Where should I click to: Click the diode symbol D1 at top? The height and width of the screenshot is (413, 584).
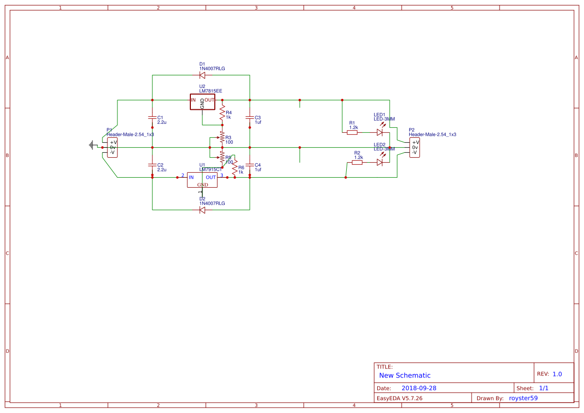tap(202, 75)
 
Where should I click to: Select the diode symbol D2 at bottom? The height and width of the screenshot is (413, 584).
tap(202, 210)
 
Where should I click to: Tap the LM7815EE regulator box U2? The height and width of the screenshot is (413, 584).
tap(202, 102)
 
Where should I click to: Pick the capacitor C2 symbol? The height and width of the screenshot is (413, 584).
tap(152, 165)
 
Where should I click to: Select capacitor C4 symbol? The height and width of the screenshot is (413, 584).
tap(249, 165)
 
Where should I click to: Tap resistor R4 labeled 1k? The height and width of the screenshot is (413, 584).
tap(222, 115)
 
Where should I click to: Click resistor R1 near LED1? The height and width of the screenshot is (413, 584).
tap(353, 132)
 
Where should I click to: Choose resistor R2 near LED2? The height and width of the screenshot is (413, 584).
tap(358, 162)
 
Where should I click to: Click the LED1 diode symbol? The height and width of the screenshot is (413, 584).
tap(380, 132)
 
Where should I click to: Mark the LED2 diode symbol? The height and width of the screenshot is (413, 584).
tap(380, 162)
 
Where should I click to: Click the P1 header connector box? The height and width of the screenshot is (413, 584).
tap(112, 147)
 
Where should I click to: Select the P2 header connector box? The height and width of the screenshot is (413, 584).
tap(415, 147)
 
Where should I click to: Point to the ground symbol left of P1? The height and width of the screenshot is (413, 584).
tap(92, 145)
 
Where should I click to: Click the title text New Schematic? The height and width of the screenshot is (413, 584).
tap(405, 376)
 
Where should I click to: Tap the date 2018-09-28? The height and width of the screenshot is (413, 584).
tap(419, 388)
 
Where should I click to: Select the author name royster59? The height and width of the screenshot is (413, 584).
tap(523, 398)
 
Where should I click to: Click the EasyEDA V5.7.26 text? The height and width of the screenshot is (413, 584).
tap(399, 398)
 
